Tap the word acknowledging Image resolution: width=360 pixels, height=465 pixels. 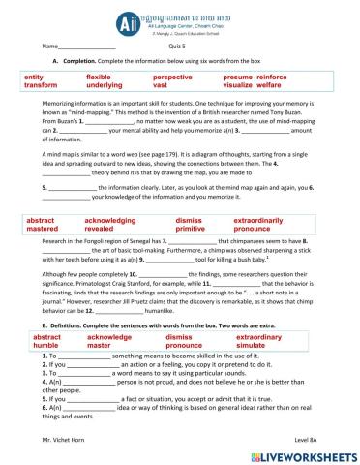pos(111,221)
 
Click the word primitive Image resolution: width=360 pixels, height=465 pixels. pos(192,230)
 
